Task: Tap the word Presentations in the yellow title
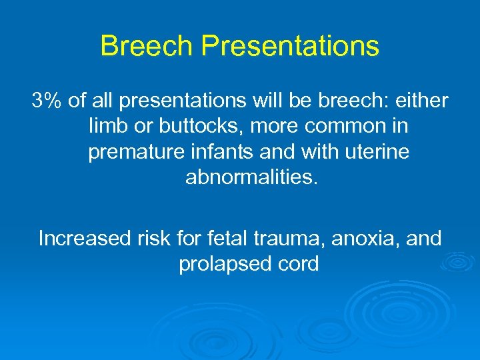click(x=290, y=46)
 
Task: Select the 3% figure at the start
click(x=47, y=101)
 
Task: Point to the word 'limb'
click(x=105, y=127)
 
